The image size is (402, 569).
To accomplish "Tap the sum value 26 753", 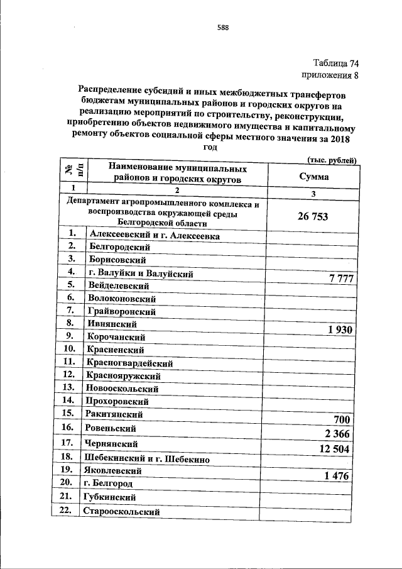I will [312, 217].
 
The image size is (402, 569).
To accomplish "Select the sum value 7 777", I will [334, 279].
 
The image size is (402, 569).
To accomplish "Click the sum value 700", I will [339, 419].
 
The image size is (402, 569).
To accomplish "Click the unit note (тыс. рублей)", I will [330, 161].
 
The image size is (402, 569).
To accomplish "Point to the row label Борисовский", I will [117, 259].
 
